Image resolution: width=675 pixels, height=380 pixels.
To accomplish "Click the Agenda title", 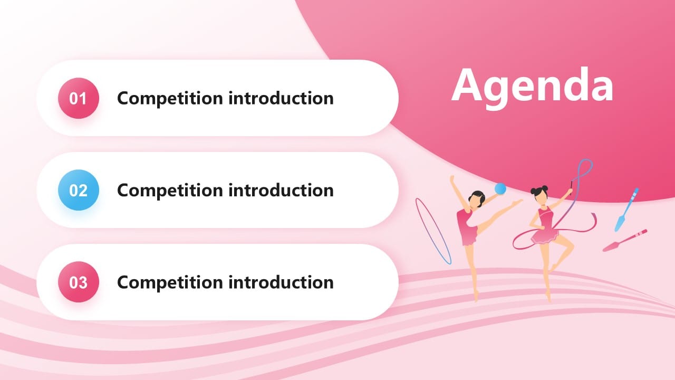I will click(x=532, y=85).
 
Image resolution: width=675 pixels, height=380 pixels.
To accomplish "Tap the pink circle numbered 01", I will click(x=79, y=98).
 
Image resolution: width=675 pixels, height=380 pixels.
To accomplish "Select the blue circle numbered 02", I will click(x=79, y=190).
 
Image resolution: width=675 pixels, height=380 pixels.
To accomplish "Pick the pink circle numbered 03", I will click(x=79, y=282).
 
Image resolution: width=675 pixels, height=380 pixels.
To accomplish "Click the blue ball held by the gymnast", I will click(x=499, y=188).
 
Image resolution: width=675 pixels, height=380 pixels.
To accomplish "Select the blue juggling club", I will click(x=626, y=210).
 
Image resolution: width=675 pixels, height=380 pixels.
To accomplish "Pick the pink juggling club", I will click(x=624, y=240).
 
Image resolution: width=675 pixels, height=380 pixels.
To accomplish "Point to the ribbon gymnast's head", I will click(x=539, y=194).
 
